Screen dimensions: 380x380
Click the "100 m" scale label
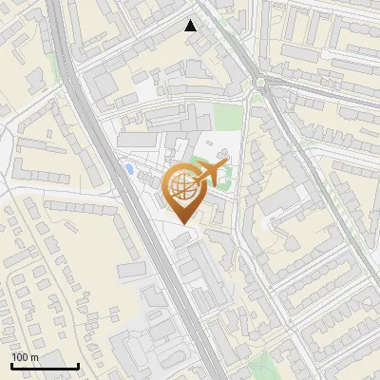(25, 357)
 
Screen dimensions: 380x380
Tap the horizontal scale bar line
(45, 366)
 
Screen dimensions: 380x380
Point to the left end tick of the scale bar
(12, 364)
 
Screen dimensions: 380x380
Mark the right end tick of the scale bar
(78, 364)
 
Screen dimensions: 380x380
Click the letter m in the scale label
(33, 357)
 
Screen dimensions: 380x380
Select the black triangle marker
(191, 26)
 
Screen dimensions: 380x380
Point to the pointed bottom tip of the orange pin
(183, 224)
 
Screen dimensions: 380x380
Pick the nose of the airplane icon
(227, 167)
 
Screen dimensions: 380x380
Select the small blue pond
(128, 169)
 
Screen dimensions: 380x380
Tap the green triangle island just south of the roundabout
(256, 97)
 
